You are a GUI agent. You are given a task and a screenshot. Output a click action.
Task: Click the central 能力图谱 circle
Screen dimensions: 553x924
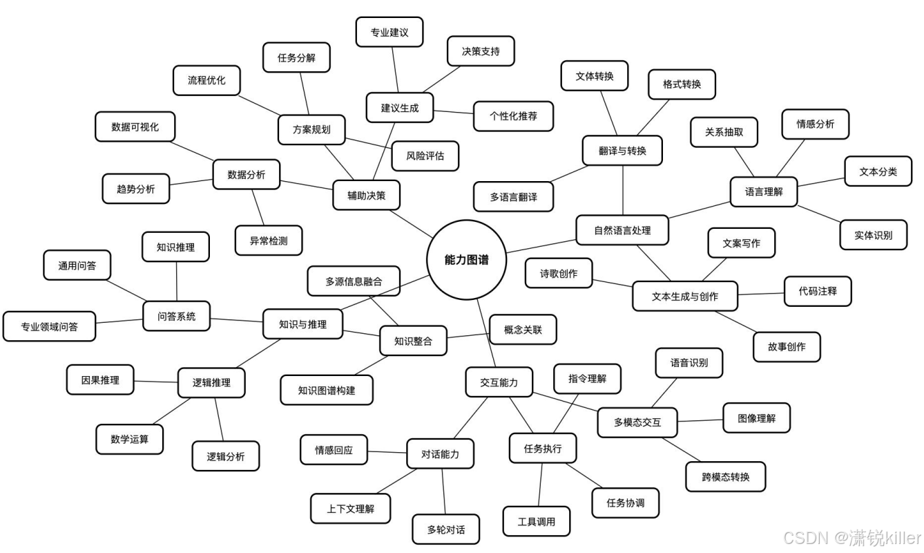(x=466, y=260)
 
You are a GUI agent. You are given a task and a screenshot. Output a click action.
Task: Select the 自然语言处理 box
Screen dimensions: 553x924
(x=622, y=230)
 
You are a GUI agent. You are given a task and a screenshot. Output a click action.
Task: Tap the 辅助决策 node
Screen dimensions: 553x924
(x=366, y=195)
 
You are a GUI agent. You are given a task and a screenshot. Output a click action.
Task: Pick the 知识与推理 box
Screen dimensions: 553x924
(x=302, y=324)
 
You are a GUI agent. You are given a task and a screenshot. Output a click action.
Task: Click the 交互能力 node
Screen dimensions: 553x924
(x=499, y=382)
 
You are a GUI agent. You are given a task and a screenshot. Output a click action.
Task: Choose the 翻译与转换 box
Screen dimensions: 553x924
(x=622, y=151)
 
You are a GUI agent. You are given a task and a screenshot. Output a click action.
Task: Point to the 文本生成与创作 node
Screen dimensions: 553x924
(x=684, y=297)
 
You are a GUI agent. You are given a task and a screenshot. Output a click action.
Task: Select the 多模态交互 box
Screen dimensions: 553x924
(x=637, y=422)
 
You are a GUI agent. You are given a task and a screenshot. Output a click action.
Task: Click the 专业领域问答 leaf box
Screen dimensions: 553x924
(x=49, y=327)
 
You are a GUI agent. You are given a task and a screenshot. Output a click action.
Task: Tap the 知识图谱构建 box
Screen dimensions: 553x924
(x=327, y=390)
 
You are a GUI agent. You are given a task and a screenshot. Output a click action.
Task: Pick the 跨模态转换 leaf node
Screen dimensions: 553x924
(x=725, y=477)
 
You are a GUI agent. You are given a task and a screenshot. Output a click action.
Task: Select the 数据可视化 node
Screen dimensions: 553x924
(x=135, y=127)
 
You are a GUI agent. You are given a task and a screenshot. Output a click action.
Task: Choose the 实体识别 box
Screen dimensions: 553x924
(x=873, y=235)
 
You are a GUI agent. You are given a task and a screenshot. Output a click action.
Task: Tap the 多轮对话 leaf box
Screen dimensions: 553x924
(x=445, y=530)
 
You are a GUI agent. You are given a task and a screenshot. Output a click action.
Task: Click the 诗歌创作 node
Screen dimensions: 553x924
(x=558, y=274)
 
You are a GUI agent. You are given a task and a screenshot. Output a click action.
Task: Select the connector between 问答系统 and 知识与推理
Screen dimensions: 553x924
(x=236, y=319)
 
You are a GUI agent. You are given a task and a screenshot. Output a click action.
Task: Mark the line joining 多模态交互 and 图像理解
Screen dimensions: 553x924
(x=700, y=420)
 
